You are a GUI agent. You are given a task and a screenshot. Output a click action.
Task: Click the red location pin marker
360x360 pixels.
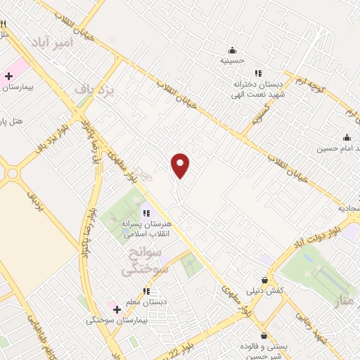pos(181,166)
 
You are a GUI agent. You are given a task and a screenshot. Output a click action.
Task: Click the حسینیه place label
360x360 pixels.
pos(233,60)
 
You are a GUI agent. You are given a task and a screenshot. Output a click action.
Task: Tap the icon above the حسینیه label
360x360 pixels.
pos(233,50)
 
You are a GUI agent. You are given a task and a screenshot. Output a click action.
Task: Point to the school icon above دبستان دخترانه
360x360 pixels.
pos(258,72)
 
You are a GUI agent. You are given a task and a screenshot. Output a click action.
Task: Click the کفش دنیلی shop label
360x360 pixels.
pos(264,290)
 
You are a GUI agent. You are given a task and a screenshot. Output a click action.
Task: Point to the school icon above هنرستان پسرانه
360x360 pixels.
pos(146,213)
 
